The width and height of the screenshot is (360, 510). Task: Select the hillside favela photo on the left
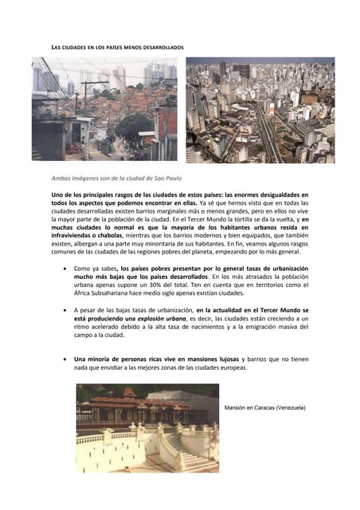(104, 109)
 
